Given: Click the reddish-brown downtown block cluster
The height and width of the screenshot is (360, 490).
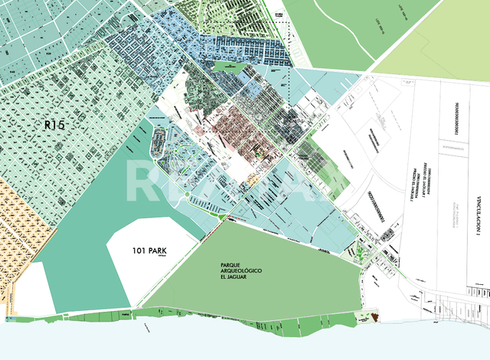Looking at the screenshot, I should click(x=234, y=126).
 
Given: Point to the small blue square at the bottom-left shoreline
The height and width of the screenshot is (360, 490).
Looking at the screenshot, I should click(x=9, y=317).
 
